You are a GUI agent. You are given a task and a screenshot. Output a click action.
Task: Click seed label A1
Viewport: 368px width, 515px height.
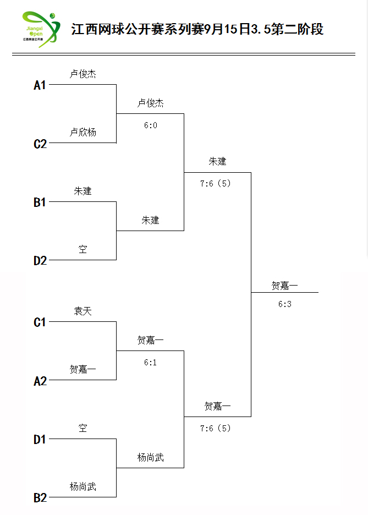pyautogui.click(x=40, y=85)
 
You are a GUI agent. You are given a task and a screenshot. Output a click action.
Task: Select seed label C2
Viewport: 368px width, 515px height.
pyautogui.click(x=40, y=144)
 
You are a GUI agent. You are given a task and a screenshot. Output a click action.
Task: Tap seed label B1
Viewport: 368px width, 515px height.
pyautogui.click(x=40, y=202)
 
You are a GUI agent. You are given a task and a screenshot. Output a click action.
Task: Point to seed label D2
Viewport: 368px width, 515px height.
pyautogui.click(x=40, y=261)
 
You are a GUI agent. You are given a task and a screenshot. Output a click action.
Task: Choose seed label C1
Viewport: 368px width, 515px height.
pyautogui.click(x=40, y=322)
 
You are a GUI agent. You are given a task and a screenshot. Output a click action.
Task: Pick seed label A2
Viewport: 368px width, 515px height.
pyautogui.click(x=40, y=381)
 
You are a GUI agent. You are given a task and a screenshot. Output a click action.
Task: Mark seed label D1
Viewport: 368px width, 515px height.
pyautogui.click(x=40, y=440)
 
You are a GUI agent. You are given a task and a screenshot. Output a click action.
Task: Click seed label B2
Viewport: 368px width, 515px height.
pyautogui.click(x=40, y=498)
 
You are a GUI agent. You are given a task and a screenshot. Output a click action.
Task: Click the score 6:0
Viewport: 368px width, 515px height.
pyautogui.click(x=150, y=125)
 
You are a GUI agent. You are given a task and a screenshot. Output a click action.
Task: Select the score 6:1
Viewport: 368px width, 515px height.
pyautogui.click(x=150, y=362)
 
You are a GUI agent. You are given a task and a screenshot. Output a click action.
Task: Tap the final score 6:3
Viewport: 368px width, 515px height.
pyautogui.click(x=284, y=304)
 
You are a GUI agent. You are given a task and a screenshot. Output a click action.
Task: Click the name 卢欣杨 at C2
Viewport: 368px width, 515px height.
pyautogui.click(x=83, y=133)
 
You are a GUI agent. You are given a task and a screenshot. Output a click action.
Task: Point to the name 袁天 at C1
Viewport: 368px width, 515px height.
pyautogui.click(x=83, y=311)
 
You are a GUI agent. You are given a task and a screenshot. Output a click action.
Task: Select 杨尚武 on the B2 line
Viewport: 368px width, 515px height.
pyautogui.click(x=83, y=486)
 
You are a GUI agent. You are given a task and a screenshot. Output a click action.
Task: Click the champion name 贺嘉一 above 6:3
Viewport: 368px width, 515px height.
pyautogui.click(x=284, y=286)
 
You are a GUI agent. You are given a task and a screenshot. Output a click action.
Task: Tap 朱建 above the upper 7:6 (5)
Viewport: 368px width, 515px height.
pyautogui.click(x=217, y=161)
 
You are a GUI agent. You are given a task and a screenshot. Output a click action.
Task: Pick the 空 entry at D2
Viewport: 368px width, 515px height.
pyautogui.click(x=83, y=249)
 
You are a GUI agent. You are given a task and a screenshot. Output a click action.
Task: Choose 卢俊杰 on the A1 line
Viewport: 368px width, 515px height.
pyautogui.click(x=83, y=74)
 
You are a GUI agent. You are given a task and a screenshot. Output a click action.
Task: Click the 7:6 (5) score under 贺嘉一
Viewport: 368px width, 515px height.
pyautogui.click(x=215, y=428)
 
